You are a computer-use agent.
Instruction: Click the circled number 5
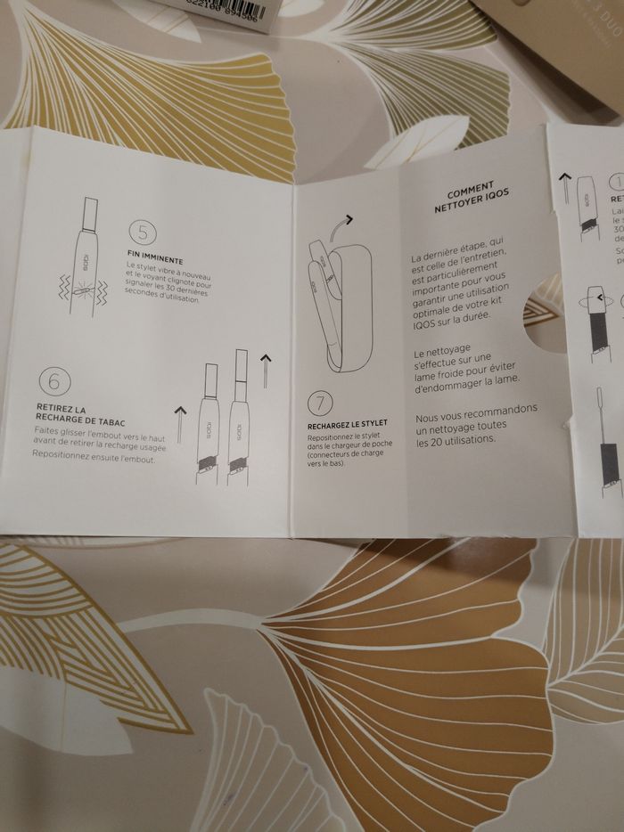click(142, 232)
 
